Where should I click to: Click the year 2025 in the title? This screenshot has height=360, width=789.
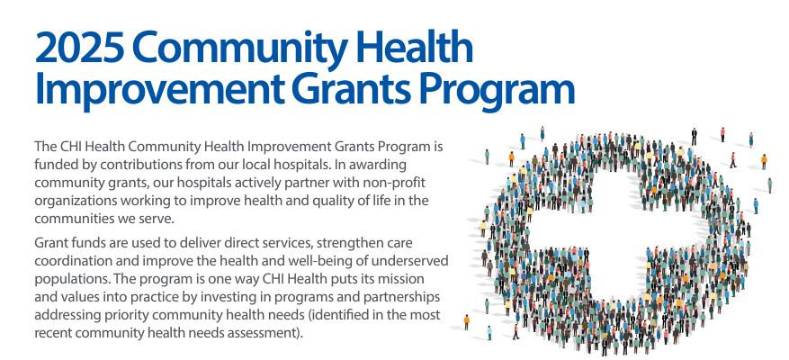(79, 47)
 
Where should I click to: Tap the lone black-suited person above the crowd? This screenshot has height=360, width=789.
(694, 137)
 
